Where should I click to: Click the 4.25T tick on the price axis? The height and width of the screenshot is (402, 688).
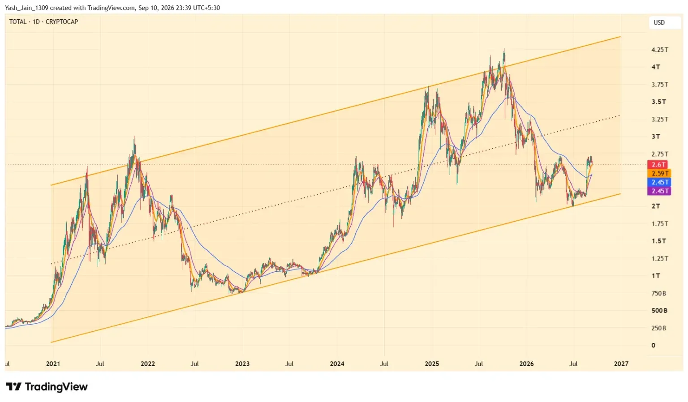tap(659, 50)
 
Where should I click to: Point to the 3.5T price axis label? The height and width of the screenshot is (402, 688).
tap(659, 102)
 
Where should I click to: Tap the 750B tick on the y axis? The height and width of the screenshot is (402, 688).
tap(659, 293)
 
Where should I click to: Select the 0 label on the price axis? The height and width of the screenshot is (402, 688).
tap(654, 346)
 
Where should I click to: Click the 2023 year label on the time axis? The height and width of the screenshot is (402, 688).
tap(242, 364)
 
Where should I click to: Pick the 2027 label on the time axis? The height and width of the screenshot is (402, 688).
tap(621, 364)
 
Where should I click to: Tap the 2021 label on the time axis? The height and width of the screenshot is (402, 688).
tap(53, 364)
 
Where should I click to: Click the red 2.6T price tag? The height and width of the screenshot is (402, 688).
tap(657, 165)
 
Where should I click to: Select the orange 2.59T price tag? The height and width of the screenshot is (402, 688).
tap(659, 173)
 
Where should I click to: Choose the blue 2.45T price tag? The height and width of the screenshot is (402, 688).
tap(659, 182)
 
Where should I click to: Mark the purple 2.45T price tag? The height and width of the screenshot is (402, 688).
tap(659, 191)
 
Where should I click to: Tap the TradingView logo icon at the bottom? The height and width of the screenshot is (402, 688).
tap(13, 387)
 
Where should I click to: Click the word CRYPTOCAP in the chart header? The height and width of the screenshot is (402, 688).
tap(62, 22)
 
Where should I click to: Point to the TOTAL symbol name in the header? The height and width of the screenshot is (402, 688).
tap(18, 22)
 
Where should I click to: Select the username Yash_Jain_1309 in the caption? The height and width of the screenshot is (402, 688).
tap(26, 8)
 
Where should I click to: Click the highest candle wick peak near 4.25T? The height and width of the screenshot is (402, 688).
tap(504, 49)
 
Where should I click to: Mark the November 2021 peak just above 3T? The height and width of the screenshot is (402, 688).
tap(134, 137)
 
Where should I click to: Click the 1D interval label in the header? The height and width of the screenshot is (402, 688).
tap(36, 22)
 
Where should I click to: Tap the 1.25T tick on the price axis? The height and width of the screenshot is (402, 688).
tap(659, 259)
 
